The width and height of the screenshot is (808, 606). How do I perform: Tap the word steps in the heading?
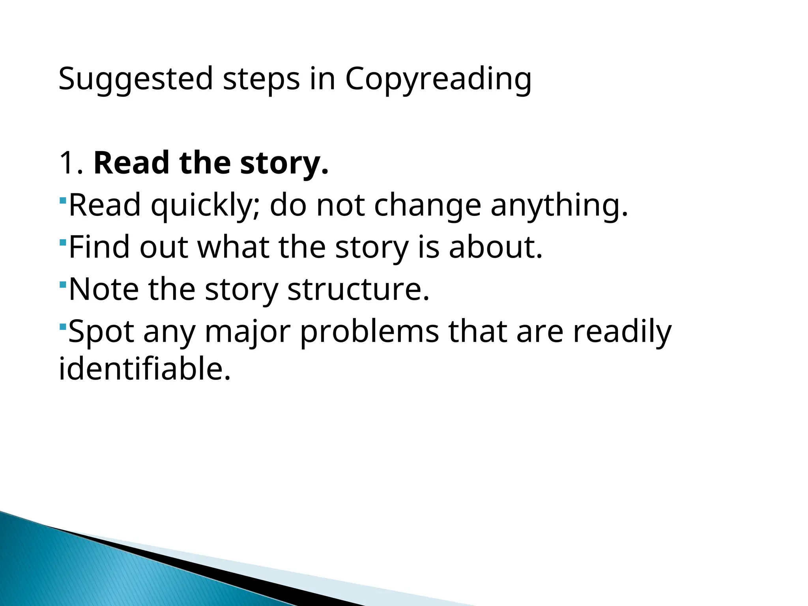261,79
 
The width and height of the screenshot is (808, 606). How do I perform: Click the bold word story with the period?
284,163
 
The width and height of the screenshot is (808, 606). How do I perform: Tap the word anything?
559,205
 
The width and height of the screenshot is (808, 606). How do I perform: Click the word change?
427,205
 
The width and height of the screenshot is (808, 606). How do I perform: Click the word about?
496,247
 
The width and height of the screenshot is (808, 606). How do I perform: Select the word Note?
103,289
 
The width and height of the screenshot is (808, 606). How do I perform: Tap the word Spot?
101,331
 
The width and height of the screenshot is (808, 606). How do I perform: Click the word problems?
369,331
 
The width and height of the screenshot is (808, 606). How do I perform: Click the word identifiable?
144,368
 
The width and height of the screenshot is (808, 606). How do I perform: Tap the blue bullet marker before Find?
63,241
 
